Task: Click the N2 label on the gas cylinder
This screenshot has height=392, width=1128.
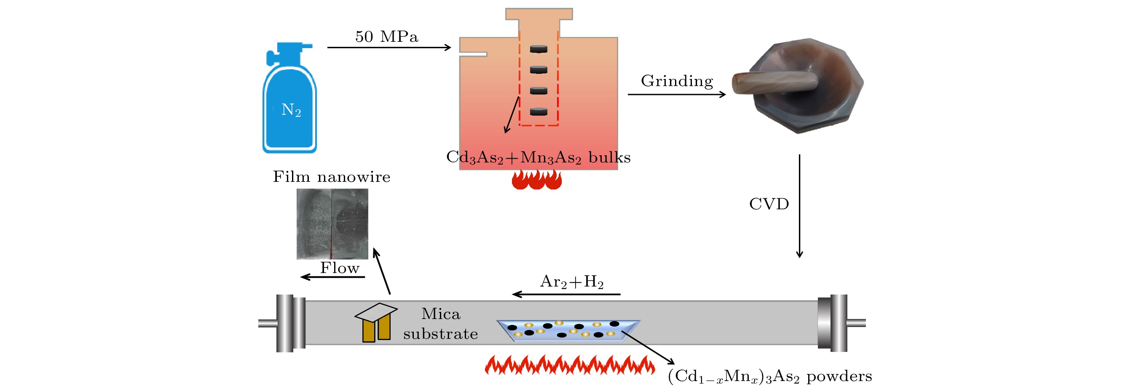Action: coord(291,110)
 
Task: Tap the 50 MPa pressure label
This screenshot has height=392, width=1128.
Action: coord(386,37)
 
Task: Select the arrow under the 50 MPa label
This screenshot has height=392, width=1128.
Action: coord(389,47)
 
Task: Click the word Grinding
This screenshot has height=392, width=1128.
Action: coord(677,81)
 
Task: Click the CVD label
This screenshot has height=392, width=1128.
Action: coord(769,204)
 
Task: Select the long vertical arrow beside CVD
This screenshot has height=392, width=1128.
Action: coord(799,206)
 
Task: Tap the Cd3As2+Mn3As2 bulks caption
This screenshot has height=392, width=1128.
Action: coord(538,157)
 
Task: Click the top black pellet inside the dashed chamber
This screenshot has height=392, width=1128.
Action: coord(539,49)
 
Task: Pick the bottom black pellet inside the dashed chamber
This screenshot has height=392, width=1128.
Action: coord(539,112)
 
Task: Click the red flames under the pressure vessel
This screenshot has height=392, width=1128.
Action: coord(537,180)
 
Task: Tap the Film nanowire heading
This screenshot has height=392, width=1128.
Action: coord(332,177)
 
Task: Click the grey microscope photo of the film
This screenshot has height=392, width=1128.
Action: coord(332,224)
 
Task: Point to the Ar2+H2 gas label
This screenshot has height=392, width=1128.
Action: coord(572,282)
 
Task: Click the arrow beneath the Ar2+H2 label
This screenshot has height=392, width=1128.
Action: coord(566,294)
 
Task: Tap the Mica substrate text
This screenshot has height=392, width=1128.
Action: coord(440,324)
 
